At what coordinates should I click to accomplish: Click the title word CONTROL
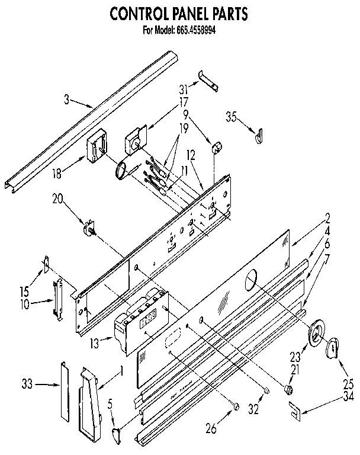(139, 13)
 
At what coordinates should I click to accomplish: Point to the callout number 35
(230, 117)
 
